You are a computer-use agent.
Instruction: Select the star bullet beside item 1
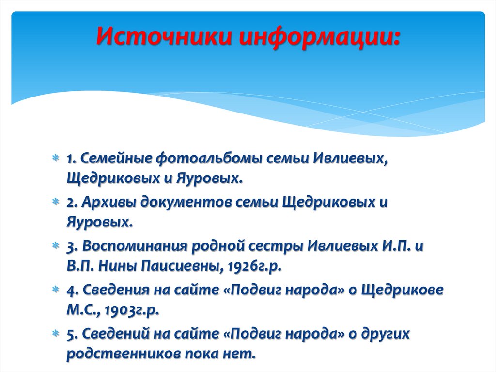click(57, 158)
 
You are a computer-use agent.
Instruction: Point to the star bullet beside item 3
click(57, 246)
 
